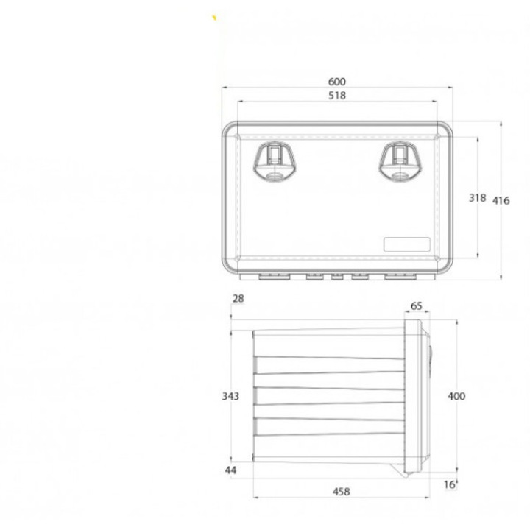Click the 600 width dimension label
pos(337,82)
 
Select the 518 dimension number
pos(337,96)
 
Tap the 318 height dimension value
pos(477,198)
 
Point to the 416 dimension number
pos(501,201)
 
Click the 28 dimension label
pos(239,298)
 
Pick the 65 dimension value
pos(417,306)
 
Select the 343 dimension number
pos(230,396)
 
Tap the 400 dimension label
pos(456,396)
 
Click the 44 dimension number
pos(230,470)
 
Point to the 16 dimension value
pos(450,484)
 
